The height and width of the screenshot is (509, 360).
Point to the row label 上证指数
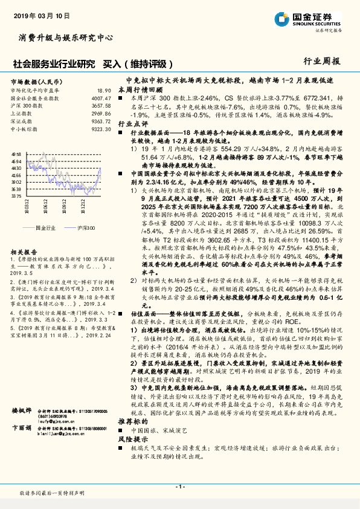click(x=22, y=113)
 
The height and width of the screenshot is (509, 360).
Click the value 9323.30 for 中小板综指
click(x=100, y=129)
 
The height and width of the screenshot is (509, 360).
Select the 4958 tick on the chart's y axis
click(x=16, y=155)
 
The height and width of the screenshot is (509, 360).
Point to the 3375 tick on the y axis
click(x=16, y=196)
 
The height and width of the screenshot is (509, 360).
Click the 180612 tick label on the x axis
click(x=46, y=209)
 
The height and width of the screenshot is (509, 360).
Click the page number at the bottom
click(x=179, y=487)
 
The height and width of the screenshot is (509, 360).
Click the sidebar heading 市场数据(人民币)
click(x=34, y=81)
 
